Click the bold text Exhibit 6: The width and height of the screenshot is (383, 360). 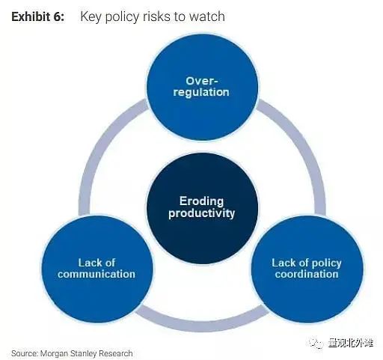point(37,16)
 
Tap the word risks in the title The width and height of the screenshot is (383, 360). point(156,16)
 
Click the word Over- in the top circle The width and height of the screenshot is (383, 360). point(202,81)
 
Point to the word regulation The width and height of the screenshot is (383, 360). point(201,92)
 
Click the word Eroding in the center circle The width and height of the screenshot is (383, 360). point(201,201)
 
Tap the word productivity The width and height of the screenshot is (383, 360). point(201,213)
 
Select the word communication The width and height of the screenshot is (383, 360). point(96,274)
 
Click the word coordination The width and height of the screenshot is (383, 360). point(307,274)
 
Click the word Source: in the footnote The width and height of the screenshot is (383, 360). point(25,353)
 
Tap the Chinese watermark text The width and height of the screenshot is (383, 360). point(350,343)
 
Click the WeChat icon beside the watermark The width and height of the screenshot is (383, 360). point(316,344)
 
